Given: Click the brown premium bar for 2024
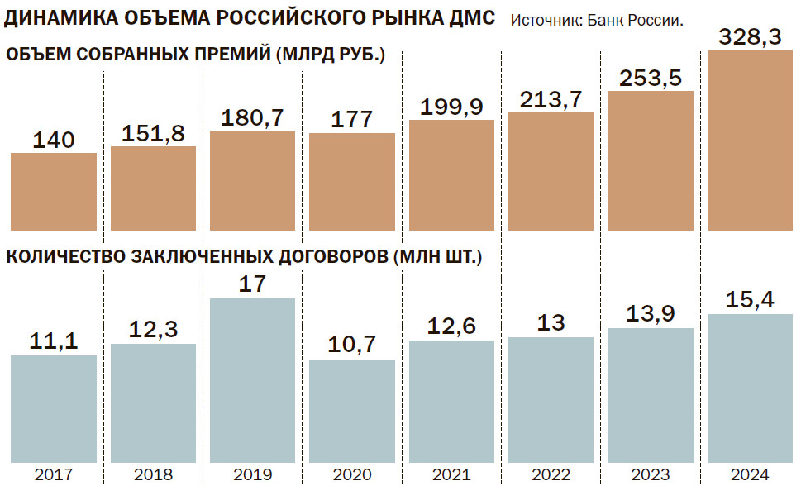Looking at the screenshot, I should click(750, 141).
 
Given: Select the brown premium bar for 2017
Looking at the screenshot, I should click(54, 191).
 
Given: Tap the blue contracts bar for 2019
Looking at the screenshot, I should click(252, 380).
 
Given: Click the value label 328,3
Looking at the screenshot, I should click(750, 37).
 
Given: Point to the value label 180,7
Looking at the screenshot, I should click(252, 118).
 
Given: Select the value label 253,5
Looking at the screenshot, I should click(651, 79).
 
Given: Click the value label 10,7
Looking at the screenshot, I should click(352, 345).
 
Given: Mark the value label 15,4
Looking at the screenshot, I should click(750, 300).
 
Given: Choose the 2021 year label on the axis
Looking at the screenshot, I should click(451, 475).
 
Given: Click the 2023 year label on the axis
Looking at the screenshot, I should click(651, 475).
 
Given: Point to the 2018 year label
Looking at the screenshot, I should click(153, 475).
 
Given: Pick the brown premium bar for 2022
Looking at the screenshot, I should click(551, 171).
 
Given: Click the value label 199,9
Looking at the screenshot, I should click(451, 107).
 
